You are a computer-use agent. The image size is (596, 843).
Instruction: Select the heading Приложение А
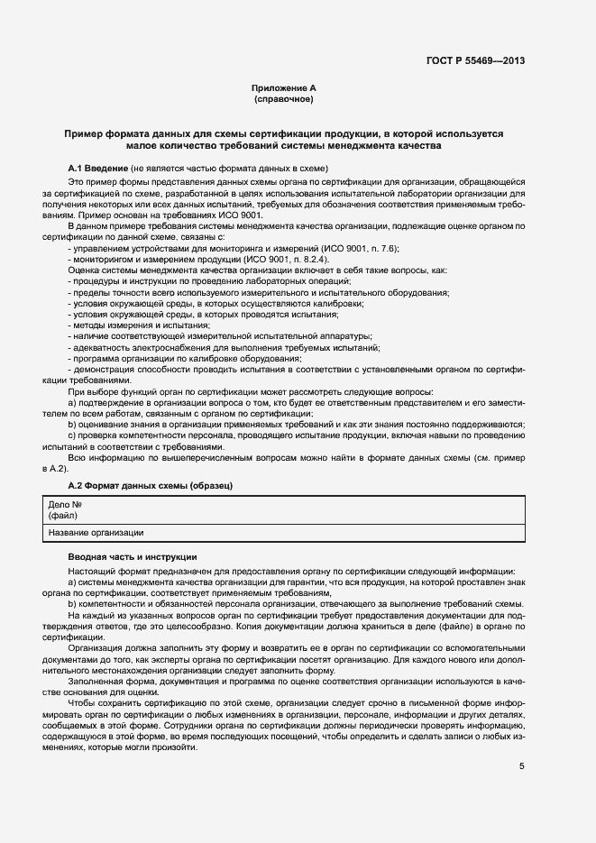(284, 87)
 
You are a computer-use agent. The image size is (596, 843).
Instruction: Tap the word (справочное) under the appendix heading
(284, 98)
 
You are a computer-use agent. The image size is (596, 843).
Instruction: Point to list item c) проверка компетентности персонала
(298, 435)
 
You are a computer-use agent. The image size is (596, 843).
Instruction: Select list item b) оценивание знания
(298, 424)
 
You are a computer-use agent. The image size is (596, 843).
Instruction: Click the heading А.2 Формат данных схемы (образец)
(151, 486)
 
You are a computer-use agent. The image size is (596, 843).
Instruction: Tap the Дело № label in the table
(65, 506)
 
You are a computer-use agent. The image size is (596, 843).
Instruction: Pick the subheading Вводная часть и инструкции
(132, 557)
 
